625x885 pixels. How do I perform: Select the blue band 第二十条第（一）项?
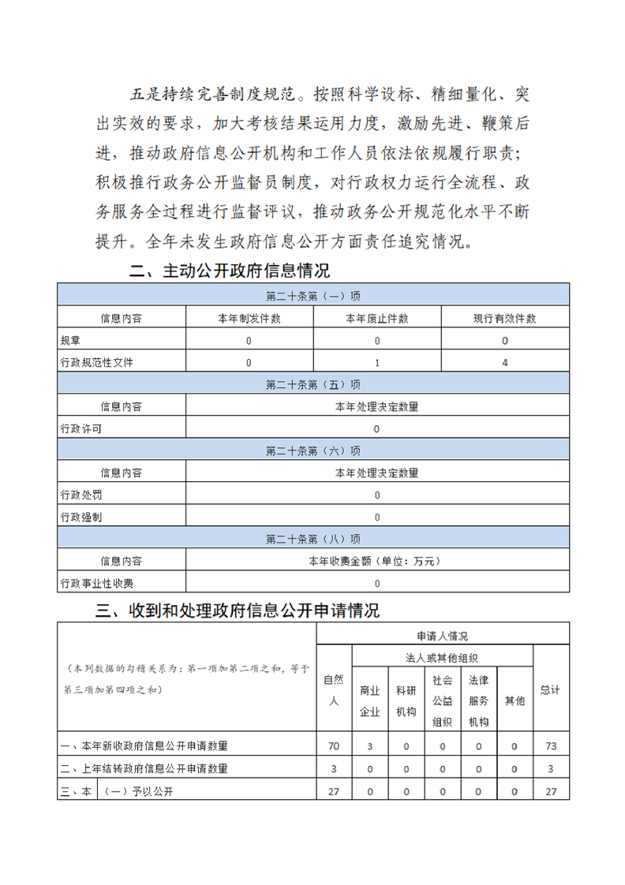pyautogui.click(x=313, y=296)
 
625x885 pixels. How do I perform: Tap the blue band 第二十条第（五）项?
pyautogui.click(x=313, y=384)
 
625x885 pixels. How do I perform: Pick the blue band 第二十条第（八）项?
pyautogui.click(x=313, y=540)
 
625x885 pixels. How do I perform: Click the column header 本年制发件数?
pyautogui.click(x=249, y=319)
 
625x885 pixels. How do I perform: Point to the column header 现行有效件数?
pyautogui.click(x=504, y=319)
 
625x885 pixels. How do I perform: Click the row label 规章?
pyautogui.click(x=69, y=341)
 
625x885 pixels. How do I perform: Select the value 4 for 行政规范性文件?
pyautogui.click(x=504, y=363)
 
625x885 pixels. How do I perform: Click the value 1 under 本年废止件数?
pyautogui.click(x=377, y=363)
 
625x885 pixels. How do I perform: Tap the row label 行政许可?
pyautogui.click(x=80, y=428)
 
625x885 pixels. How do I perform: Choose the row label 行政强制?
pyautogui.click(x=80, y=517)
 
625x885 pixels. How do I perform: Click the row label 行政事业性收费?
pyautogui.click(x=97, y=584)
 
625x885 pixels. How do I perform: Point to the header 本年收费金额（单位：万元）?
pyautogui.click(x=376, y=562)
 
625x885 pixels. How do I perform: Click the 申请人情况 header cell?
pyautogui.click(x=442, y=635)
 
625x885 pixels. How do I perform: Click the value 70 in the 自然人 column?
pyautogui.click(x=333, y=745)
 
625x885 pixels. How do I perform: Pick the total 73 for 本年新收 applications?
pyautogui.click(x=550, y=745)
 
